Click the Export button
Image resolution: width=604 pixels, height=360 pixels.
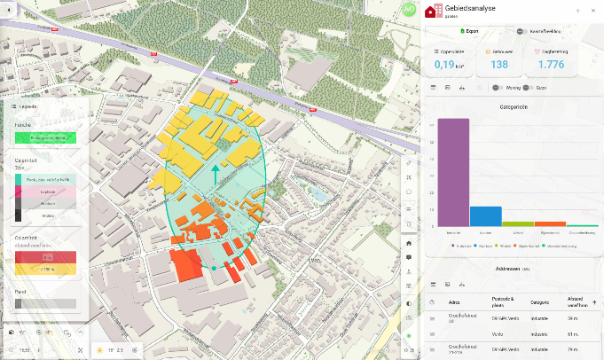pyautogui.click(x=469, y=31)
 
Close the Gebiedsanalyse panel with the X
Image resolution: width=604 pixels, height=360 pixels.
pyautogui.click(x=593, y=11)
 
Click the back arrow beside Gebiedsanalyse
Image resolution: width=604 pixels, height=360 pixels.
pyautogui.click(x=578, y=11)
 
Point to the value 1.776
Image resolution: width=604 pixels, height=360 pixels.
pyautogui.click(x=550, y=64)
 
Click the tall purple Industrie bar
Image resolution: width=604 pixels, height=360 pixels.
pyautogui.click(x=453, y=173)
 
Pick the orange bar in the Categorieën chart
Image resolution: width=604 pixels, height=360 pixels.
pyautogui.click(x=550, y=223)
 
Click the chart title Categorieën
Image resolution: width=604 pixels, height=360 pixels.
pyautogui.click(x=514, y=106)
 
